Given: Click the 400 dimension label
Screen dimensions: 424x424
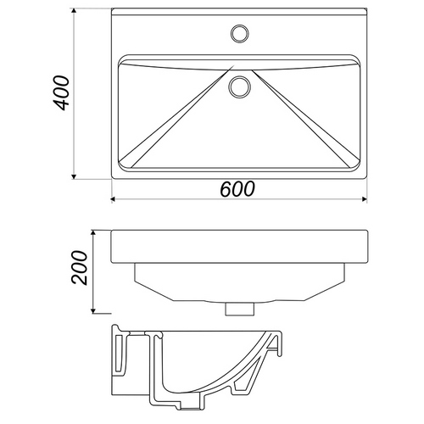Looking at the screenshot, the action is click(x=61, y=92).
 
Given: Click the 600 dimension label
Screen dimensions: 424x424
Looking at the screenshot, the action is click(x=237, y=189).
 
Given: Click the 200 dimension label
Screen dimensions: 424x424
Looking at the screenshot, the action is click(x=80, y=267).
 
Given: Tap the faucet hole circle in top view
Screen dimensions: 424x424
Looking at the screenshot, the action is click(x=240, y=33).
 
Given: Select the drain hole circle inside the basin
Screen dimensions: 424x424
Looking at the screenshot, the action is click(x=239, y=86).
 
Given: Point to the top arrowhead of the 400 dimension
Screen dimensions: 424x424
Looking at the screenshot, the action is click(x=74, y=11).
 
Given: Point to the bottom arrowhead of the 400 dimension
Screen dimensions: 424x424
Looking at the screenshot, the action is click(x=74, y=176).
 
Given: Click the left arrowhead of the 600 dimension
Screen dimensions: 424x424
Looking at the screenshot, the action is click(x=114, y=199).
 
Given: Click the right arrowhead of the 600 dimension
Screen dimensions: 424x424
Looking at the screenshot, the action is click(x=365, y=199).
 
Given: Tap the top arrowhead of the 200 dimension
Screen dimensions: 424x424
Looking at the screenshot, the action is click(x=93, y=233).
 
